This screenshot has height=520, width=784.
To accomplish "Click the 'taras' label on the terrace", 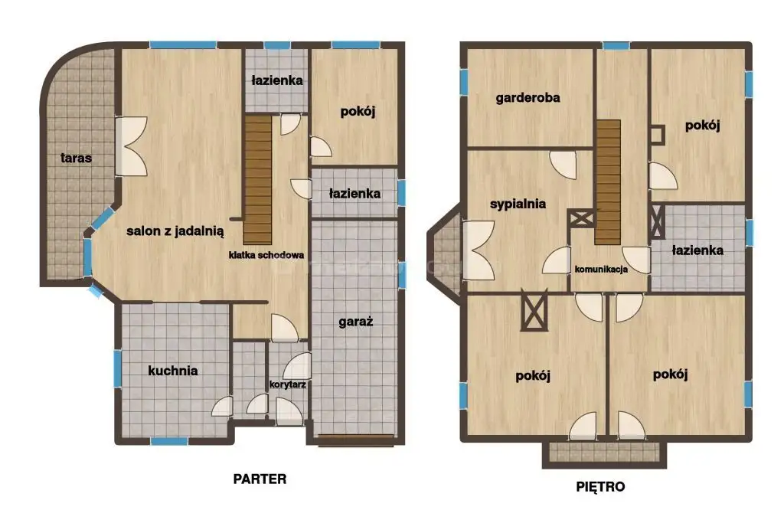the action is coord(76,158).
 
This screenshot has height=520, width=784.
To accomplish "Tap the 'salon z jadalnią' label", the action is coord(175,231).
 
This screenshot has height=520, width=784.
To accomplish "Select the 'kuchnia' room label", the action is coord(173,371).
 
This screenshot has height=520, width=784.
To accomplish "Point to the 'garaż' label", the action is coord(356,322).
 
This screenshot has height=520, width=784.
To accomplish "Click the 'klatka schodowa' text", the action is coord(266,255).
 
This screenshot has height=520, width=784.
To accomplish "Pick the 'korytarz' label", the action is coord(288,384).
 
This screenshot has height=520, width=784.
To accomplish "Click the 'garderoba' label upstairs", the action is coord(528,98).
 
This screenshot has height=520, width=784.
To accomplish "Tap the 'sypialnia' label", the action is coord(518,204).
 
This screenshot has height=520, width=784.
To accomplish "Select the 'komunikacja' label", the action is coord(601,270).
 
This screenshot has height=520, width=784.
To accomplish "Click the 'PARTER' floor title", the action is coord(260,479).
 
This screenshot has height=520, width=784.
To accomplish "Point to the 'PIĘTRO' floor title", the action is coord(600,486).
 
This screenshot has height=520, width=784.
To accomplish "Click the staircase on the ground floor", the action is coord(258,180).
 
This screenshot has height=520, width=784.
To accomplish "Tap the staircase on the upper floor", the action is coord(607,182).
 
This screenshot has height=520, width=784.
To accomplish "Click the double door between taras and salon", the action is coord(131,146).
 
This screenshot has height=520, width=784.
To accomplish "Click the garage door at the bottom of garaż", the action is coord(355,440).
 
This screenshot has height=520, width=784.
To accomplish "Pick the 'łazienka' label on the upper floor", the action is coord(697,250).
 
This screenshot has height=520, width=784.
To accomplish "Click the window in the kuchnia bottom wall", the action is coord(169,441).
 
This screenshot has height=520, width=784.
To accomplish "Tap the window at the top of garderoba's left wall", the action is coord(464,82).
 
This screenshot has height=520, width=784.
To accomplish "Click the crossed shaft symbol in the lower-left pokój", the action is coord(534,311).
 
